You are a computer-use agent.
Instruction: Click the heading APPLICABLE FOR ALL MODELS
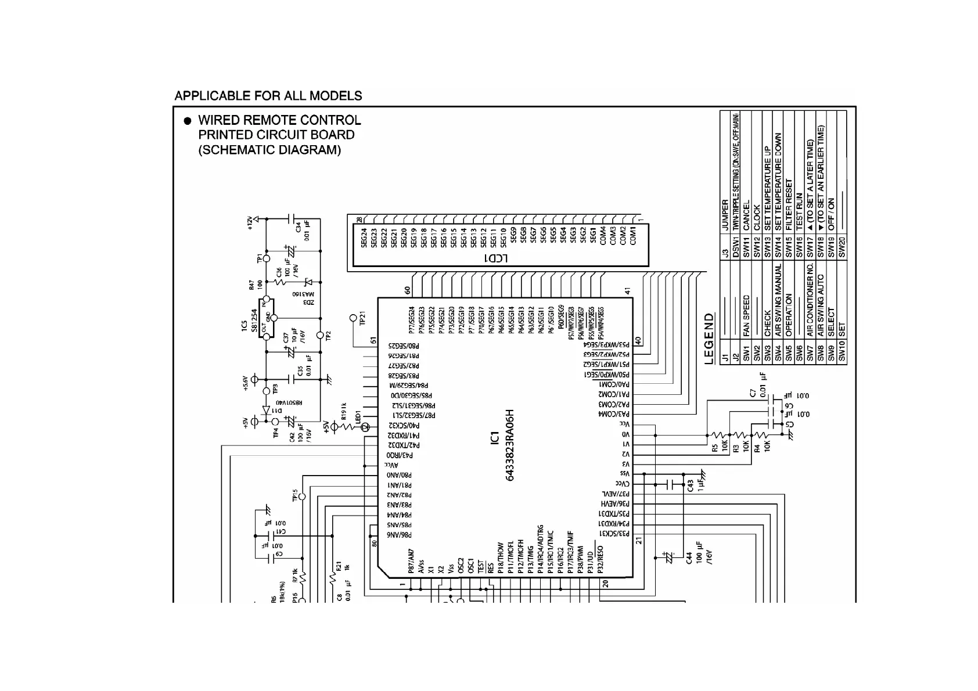point(268,96)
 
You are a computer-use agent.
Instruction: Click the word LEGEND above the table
point(709,339)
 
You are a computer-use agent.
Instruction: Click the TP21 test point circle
point(353,318)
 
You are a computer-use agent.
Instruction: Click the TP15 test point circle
point(301,498)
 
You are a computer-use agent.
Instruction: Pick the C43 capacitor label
point(690,484)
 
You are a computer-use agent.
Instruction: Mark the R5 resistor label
point(714,448)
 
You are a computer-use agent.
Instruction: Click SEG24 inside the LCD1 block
point(364,237)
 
